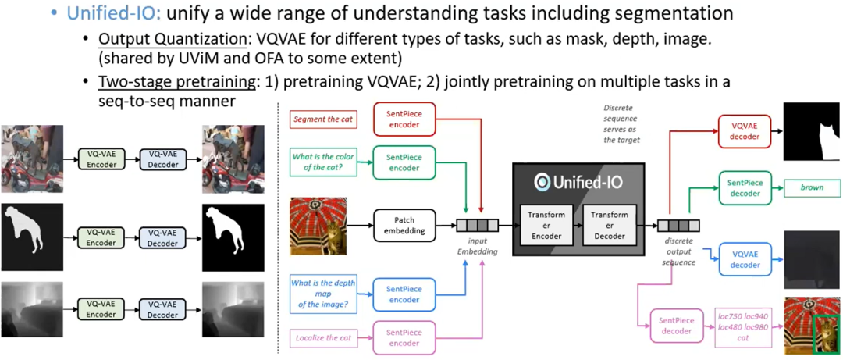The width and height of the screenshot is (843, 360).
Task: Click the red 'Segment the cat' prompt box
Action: tap(322, 119)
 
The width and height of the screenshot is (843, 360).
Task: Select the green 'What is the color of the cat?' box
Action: tap(323, 162)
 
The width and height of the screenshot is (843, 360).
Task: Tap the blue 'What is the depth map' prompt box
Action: tap(322, 293)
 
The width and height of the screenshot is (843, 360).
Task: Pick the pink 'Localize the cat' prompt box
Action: tap(322, 337)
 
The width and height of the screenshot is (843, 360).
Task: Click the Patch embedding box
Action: tap(404, 226)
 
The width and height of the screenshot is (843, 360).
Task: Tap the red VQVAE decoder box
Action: tap(743, 130)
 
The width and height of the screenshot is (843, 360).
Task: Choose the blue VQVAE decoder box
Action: tap(743, 259)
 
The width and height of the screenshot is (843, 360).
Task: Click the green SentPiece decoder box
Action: tap(743, 187)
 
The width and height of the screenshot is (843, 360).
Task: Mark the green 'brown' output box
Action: tap(812, 187)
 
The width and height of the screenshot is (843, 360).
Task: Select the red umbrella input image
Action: tap(318, 226)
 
